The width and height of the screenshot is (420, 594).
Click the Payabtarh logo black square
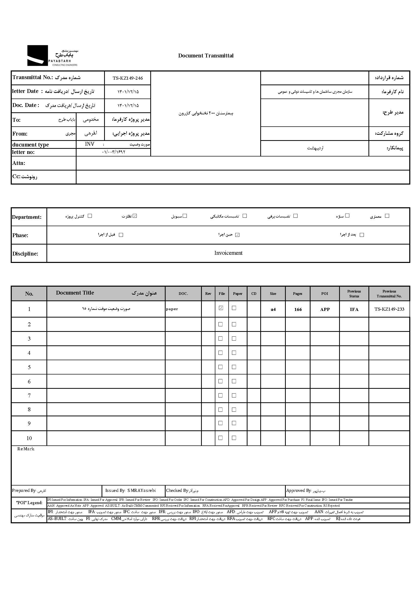pos(38,55)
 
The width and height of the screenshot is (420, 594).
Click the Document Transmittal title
pos(206,56)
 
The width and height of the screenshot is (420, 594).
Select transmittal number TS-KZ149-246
pos(128,78)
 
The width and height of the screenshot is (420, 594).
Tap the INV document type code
pos(90,144)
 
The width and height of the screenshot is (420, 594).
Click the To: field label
pos(17,120)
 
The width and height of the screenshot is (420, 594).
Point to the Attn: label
pos(19,163)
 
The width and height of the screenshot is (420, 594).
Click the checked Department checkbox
pos(135,216)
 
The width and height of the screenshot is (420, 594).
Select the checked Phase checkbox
pos(237,235)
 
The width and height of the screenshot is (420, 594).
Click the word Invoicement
pos(228,253)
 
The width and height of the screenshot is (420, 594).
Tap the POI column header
pos(325,294)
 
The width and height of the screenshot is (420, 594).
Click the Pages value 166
pos(298,309)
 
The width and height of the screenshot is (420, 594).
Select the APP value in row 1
pos(325,309)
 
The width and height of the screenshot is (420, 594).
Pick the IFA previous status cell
pos(354,309)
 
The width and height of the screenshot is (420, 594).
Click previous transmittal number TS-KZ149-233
pos(389,309)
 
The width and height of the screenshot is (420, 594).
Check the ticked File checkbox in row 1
pos(221,308)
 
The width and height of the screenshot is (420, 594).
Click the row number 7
pos(29,395)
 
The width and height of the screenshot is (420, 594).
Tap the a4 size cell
pos(273,309)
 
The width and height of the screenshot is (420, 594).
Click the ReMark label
pos(26,449)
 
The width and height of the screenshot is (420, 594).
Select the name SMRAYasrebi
pos(141,491)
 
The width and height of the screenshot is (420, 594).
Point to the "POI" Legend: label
pos(29,503)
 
